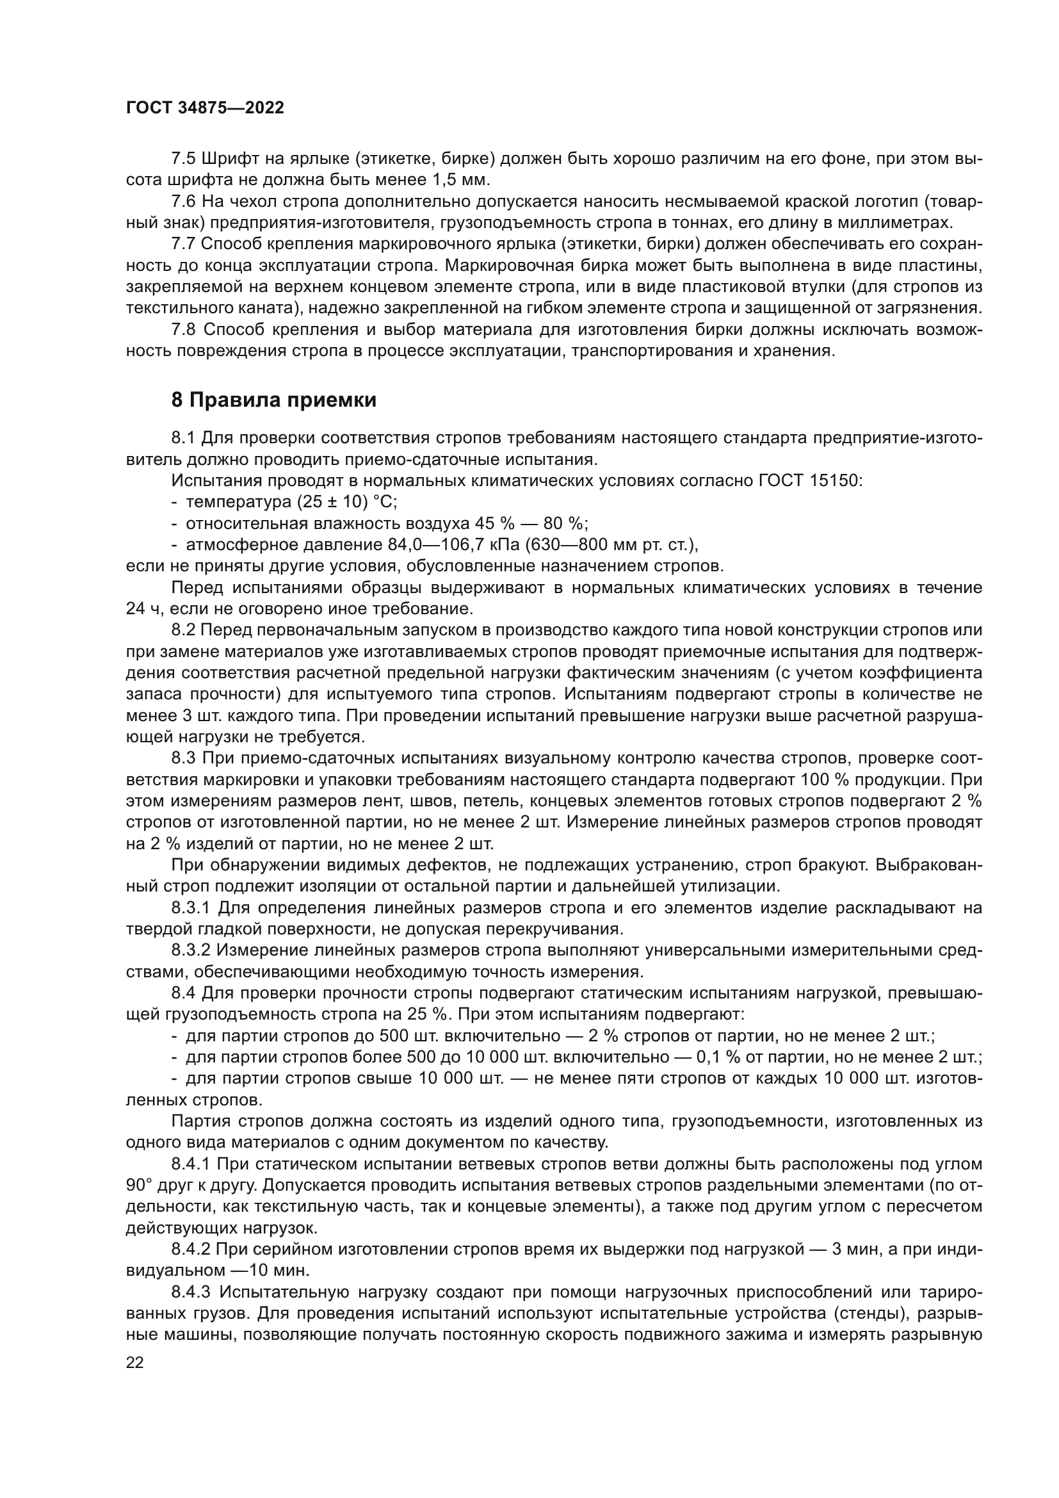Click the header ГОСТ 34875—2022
205,108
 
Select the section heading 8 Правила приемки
274,400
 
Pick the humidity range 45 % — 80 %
529,524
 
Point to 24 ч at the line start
142,609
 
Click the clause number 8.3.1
191,908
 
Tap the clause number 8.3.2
191,950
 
